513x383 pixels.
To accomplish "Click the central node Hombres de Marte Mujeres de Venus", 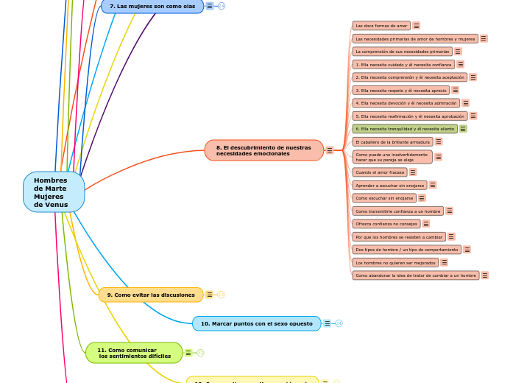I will coord(53,192).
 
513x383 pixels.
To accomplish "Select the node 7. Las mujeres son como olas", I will coord(152,6).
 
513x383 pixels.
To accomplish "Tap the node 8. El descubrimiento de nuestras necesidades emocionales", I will coord(263,150).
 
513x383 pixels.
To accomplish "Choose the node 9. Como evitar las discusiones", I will coord(151,295).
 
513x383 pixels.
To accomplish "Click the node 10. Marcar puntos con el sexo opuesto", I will coord(256,323).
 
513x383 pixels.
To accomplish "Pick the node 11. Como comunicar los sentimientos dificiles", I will coord(134,353).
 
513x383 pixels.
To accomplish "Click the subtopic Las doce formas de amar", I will coord(381,25).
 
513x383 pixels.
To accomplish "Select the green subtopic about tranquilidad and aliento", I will coord(404,128).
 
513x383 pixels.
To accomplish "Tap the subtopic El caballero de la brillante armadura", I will coord(392,141).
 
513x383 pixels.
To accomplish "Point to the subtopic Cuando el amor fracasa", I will coord(380,172).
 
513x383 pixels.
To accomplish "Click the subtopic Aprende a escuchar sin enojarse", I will coord(389,185).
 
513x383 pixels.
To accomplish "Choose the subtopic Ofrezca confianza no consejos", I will coord(386,223).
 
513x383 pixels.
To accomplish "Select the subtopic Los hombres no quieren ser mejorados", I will coord(395,262).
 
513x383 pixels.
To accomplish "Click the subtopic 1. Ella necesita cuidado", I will coord(403,64).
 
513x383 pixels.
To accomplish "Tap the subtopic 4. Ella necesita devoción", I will coord(406,103).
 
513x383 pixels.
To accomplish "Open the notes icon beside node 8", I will coord(330,150).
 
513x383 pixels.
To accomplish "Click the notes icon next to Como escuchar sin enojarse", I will coord(422,198).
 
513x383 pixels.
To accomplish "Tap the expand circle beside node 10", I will coord(339,323).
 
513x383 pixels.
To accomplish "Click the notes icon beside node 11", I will coord(188,353).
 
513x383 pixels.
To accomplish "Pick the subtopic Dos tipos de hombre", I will coord(406,250).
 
